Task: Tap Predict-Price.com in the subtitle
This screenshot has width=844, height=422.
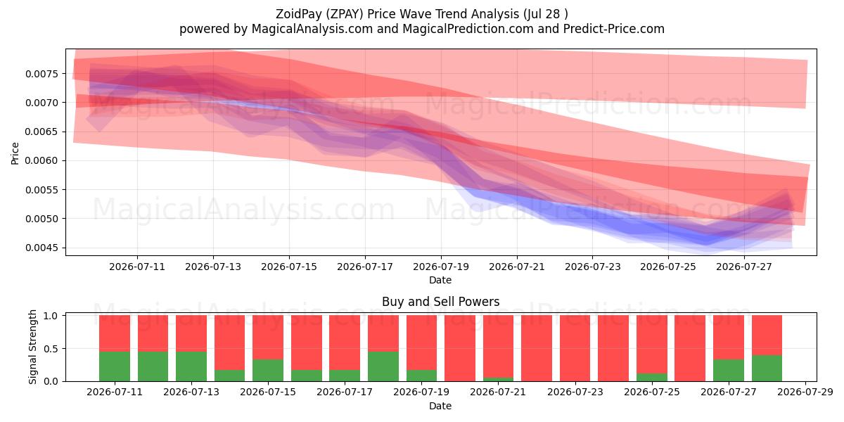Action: pos(614,29)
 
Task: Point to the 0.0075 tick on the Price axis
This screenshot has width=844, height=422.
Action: pos(42,74)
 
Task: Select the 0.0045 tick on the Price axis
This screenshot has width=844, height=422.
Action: pos(42,248)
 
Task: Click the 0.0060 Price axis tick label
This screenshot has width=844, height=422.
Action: pos(42,161)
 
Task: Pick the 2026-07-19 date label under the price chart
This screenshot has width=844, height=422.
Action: pos(441,267)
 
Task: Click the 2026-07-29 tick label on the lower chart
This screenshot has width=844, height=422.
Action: pos(805,392)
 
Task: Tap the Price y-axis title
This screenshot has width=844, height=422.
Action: pos(15,153)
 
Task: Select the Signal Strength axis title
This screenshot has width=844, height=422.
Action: pos(32,347)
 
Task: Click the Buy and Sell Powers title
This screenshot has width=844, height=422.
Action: pos(441,302)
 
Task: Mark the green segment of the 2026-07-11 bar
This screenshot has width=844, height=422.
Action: pos(115,366)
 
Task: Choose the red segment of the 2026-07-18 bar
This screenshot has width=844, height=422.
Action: pos(383,333)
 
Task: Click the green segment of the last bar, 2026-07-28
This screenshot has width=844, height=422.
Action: pos(767,368)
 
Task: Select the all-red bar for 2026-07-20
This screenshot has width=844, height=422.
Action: pos(460,348)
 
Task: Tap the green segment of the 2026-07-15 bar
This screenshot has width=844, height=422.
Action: pos(268,371)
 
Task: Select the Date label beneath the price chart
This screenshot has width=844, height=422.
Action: pos(440,281)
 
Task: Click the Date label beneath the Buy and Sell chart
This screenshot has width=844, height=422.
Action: pos(440,407)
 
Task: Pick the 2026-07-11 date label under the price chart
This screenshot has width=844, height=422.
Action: pos(137,267)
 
